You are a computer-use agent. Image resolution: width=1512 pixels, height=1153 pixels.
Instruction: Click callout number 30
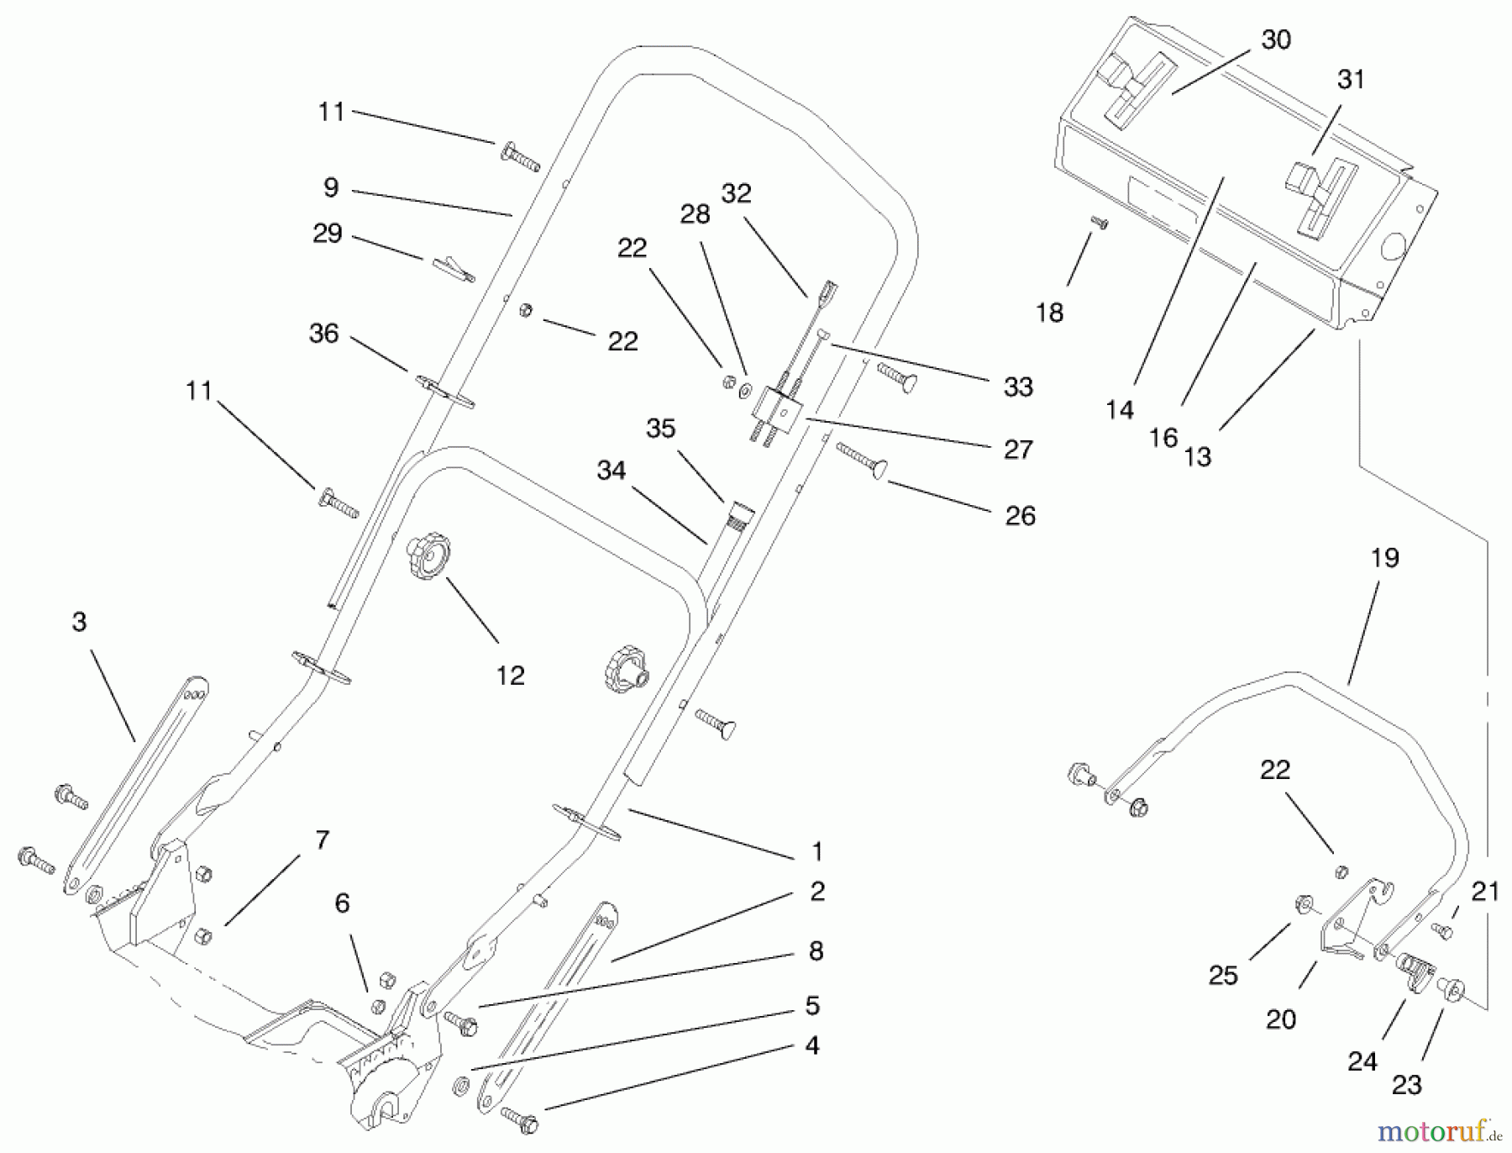(x=1276, y=39)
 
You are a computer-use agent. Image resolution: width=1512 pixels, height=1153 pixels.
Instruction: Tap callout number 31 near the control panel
(x=1351, y=80)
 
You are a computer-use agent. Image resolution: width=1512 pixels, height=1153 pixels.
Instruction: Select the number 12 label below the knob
(x=510, y=676)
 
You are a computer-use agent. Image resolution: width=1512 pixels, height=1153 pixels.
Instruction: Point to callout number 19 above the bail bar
(x=1384, y=558)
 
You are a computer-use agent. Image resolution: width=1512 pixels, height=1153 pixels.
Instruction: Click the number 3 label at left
(x=79, y=622)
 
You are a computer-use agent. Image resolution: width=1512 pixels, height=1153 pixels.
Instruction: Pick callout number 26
(x=1020, y=515)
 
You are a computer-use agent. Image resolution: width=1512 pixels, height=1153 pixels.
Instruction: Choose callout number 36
(x=324, y=334)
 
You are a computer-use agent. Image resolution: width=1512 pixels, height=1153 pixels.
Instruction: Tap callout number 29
(x=328, y=233)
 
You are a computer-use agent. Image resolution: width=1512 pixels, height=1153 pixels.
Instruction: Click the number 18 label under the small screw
(x=1049, y=313)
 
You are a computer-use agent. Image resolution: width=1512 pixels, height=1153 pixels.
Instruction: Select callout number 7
(x=323, y=840)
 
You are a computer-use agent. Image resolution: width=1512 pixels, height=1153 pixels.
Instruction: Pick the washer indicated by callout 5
(x=461, y=1085)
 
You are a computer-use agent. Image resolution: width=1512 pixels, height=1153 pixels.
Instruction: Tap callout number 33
(x=1018, y=387)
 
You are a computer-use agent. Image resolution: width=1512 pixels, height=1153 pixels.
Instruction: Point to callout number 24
(x=1362, y=1061)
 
